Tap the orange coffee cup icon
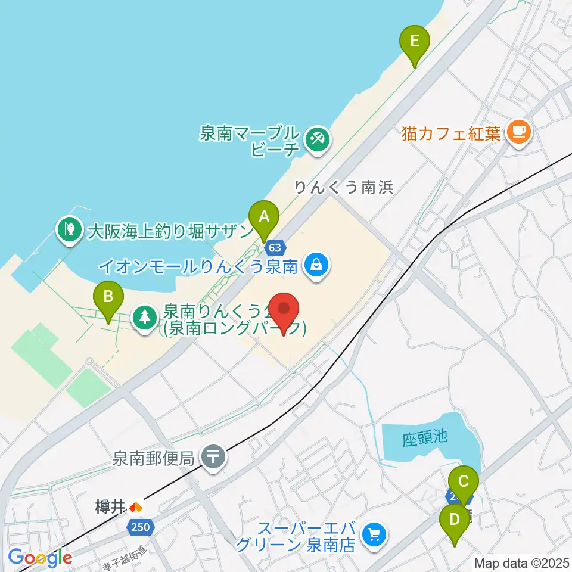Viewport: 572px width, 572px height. [x=517, y=132]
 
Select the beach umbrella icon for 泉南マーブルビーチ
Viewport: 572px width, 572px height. [x=316, y=141]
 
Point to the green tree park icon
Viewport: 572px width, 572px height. [x=144, y=316]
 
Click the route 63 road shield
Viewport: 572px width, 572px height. [x=275, y=247]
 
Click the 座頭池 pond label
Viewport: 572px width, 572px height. [x=424, y=437]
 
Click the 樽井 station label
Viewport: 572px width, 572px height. [x=110, y=507]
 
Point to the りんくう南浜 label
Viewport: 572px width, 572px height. [x=344, y=188]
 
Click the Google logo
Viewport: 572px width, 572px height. [x=40, y=558]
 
